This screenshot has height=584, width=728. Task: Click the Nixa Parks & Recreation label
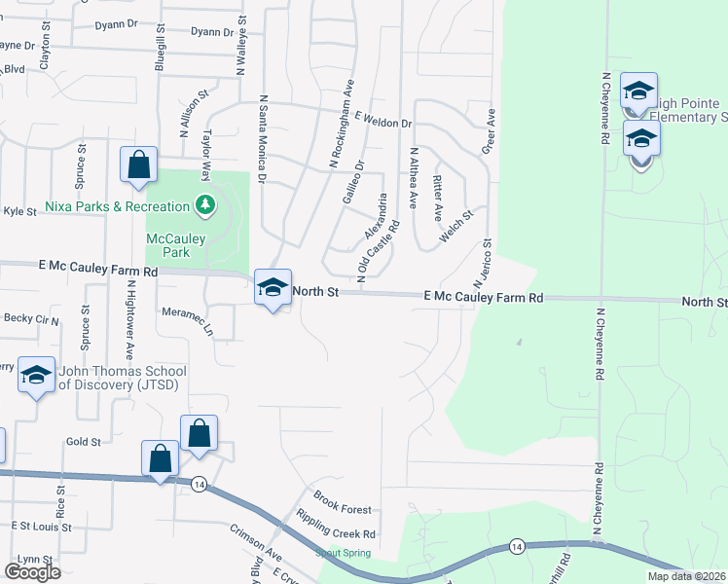pyautogui.click(x=117, y=206)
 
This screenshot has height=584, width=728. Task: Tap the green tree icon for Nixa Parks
pyautogui.click(x=204, y=204)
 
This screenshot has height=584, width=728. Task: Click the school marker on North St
pyautogui.click(x=273, y=288)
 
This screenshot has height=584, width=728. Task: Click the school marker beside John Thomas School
pyautogui.click(x=36, y=377)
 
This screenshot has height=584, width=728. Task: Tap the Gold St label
pyautogui.click(x=84, y=441)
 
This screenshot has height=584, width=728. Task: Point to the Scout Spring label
pyautogui.click(x=343, y=553)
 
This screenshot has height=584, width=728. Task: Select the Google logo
pyautogui.click(x=32, y=572)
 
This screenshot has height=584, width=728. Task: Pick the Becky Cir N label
pyautogui.click(x=32, y=318)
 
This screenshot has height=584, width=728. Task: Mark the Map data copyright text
pyautogui.click(x=685, y=576)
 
